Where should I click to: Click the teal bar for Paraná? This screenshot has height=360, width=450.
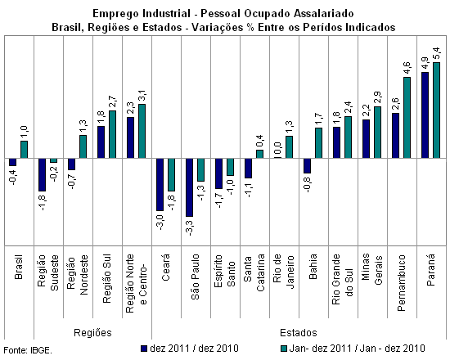437,110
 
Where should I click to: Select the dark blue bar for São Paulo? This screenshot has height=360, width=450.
190,187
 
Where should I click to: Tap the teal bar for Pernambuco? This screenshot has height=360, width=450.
407,118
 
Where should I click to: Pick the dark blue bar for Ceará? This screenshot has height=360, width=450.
160,185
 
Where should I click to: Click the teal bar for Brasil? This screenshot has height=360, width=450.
24,149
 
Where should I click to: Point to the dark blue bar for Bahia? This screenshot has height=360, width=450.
307,165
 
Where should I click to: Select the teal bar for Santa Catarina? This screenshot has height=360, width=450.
259,154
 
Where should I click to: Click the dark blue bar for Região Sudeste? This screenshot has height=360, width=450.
43,174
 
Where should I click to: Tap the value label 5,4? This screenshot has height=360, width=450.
436,53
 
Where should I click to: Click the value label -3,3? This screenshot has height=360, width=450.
190,227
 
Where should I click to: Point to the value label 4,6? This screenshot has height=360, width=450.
407,68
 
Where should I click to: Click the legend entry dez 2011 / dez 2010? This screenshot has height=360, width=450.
190,349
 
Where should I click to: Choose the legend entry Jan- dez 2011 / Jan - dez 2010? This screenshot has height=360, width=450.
353,349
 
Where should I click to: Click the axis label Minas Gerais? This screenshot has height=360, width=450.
372,269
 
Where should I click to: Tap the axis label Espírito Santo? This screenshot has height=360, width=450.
225,271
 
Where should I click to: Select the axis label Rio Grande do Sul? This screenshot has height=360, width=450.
343,279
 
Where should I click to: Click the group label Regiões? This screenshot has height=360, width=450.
92,333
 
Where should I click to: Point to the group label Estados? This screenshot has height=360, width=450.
299,333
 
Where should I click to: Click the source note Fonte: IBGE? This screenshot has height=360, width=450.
28,350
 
